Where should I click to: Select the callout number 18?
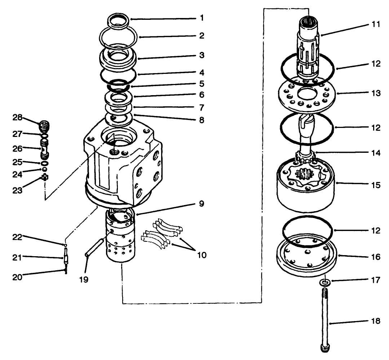click(376, 321)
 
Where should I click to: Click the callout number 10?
click(202, 255)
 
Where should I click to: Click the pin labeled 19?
click(95, 246)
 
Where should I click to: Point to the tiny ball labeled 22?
click(66, 245)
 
